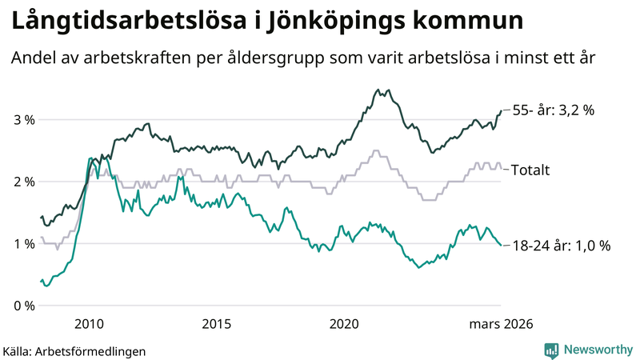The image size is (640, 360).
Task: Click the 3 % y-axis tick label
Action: (23, 120)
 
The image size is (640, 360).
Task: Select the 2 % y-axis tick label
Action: (23, 182)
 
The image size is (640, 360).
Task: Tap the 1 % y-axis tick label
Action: (23, 244)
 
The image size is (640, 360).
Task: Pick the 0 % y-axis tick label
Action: (23, 306)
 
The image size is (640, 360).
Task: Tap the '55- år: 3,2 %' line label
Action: (553, 111)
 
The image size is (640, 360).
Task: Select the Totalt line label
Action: (530, 170)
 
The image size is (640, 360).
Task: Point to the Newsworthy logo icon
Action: (551, 350)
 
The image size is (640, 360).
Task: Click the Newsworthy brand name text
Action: (597, 350)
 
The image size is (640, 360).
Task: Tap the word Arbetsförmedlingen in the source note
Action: (100, 350)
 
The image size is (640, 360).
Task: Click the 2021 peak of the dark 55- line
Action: (377, 90)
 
